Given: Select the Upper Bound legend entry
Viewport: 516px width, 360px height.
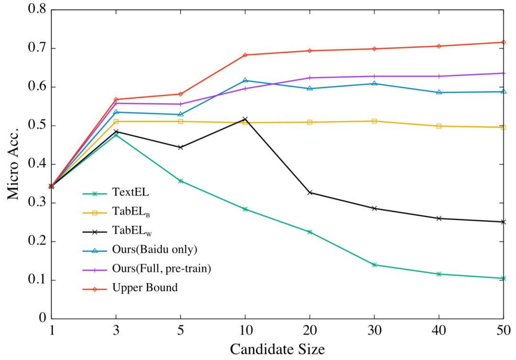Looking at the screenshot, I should (145, 288).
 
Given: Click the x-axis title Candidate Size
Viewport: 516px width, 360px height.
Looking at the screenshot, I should (277, 349).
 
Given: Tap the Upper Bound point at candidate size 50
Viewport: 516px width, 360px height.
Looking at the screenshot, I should (503, 42).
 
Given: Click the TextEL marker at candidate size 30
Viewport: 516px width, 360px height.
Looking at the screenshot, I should (374, 265).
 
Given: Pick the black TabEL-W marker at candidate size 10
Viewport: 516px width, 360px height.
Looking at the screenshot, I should (245, 118).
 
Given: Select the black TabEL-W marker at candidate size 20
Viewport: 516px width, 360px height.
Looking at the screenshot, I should (310, 192).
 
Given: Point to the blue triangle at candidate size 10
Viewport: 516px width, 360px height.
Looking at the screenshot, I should (245, 80).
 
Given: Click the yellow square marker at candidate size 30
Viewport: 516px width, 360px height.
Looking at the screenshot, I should (374, 121).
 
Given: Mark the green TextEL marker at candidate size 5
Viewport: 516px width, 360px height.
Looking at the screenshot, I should (181, 181).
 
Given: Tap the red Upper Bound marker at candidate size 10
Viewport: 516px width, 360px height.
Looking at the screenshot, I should (245, 55).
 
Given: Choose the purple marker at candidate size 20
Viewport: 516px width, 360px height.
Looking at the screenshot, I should (310, 77).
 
